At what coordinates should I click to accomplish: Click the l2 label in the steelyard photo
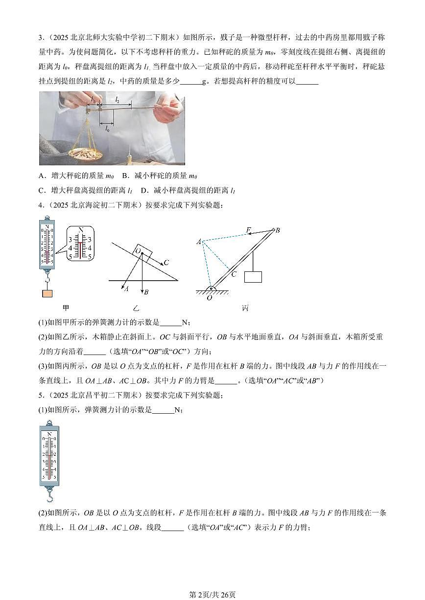click(x=117, y=99)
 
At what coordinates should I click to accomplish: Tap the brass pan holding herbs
click(x=85, y=153)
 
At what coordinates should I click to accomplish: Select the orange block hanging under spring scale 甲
click(x=47, y=293)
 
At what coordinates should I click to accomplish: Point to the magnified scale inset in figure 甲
click(x=80, y=243)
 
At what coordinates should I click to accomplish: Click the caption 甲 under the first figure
click(x=66, y=308)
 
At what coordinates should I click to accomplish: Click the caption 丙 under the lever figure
click(x=245, y=308)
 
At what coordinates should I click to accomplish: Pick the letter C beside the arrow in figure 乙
click(x=166, y=263)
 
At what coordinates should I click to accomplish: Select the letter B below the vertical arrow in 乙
click(x=146, y=292)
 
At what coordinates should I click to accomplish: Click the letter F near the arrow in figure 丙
click(x=248, y=229)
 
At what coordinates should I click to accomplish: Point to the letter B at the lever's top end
click(x=278, y=230)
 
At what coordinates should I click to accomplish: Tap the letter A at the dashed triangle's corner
click(x=199, y=242)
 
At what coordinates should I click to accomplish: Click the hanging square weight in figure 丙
click(x=253, y=277)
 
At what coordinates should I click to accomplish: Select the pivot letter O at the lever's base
click(x=209, y=297)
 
